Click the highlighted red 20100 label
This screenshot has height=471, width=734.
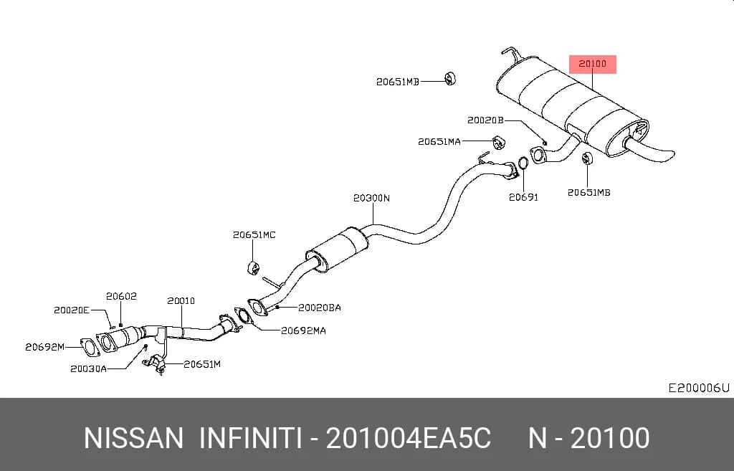pyautogui.click(x=592, y=64)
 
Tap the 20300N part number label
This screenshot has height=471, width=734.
pyautogui.click(x=371, y=198)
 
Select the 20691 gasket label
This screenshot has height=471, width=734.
pyautogui.click(x=523, y=198)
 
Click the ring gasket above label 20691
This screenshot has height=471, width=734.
pyautogui.click(x=523, y=163)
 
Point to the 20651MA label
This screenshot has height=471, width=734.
pyautogui.click(x=439, y=141)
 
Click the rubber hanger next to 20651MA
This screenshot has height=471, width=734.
pyautogui.click(x=499, y=142)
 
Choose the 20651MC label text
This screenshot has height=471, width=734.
pyautogui.click(x=254, y=234)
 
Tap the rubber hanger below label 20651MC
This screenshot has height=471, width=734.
pyautogui.click(x=253, y=268)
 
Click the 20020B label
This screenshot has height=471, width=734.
pyautogui.click(x=485, y=120)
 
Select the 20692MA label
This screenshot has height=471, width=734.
pyautogui.click(x=303, y=330)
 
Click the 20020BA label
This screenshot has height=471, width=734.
pyautogui.click(x=320, y=308)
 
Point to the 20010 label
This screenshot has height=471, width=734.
pyautogui.click(x=181, y=300)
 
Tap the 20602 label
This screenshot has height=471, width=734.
pyautogui.click(x=121, y=296)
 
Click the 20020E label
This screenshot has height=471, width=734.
pyautogui.click(x=71, y=310)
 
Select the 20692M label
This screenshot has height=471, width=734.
pyautogui.click(x=44, y=347)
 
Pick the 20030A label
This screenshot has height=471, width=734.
pyautogui.click(x=88, y=369)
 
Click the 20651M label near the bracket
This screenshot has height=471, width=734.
pyautogui.click(x=201, y=363)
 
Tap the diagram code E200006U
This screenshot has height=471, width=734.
pyautogui.click(x=698, y=388)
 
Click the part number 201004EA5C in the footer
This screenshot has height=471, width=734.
pyautogui.click(x=408, y=438)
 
